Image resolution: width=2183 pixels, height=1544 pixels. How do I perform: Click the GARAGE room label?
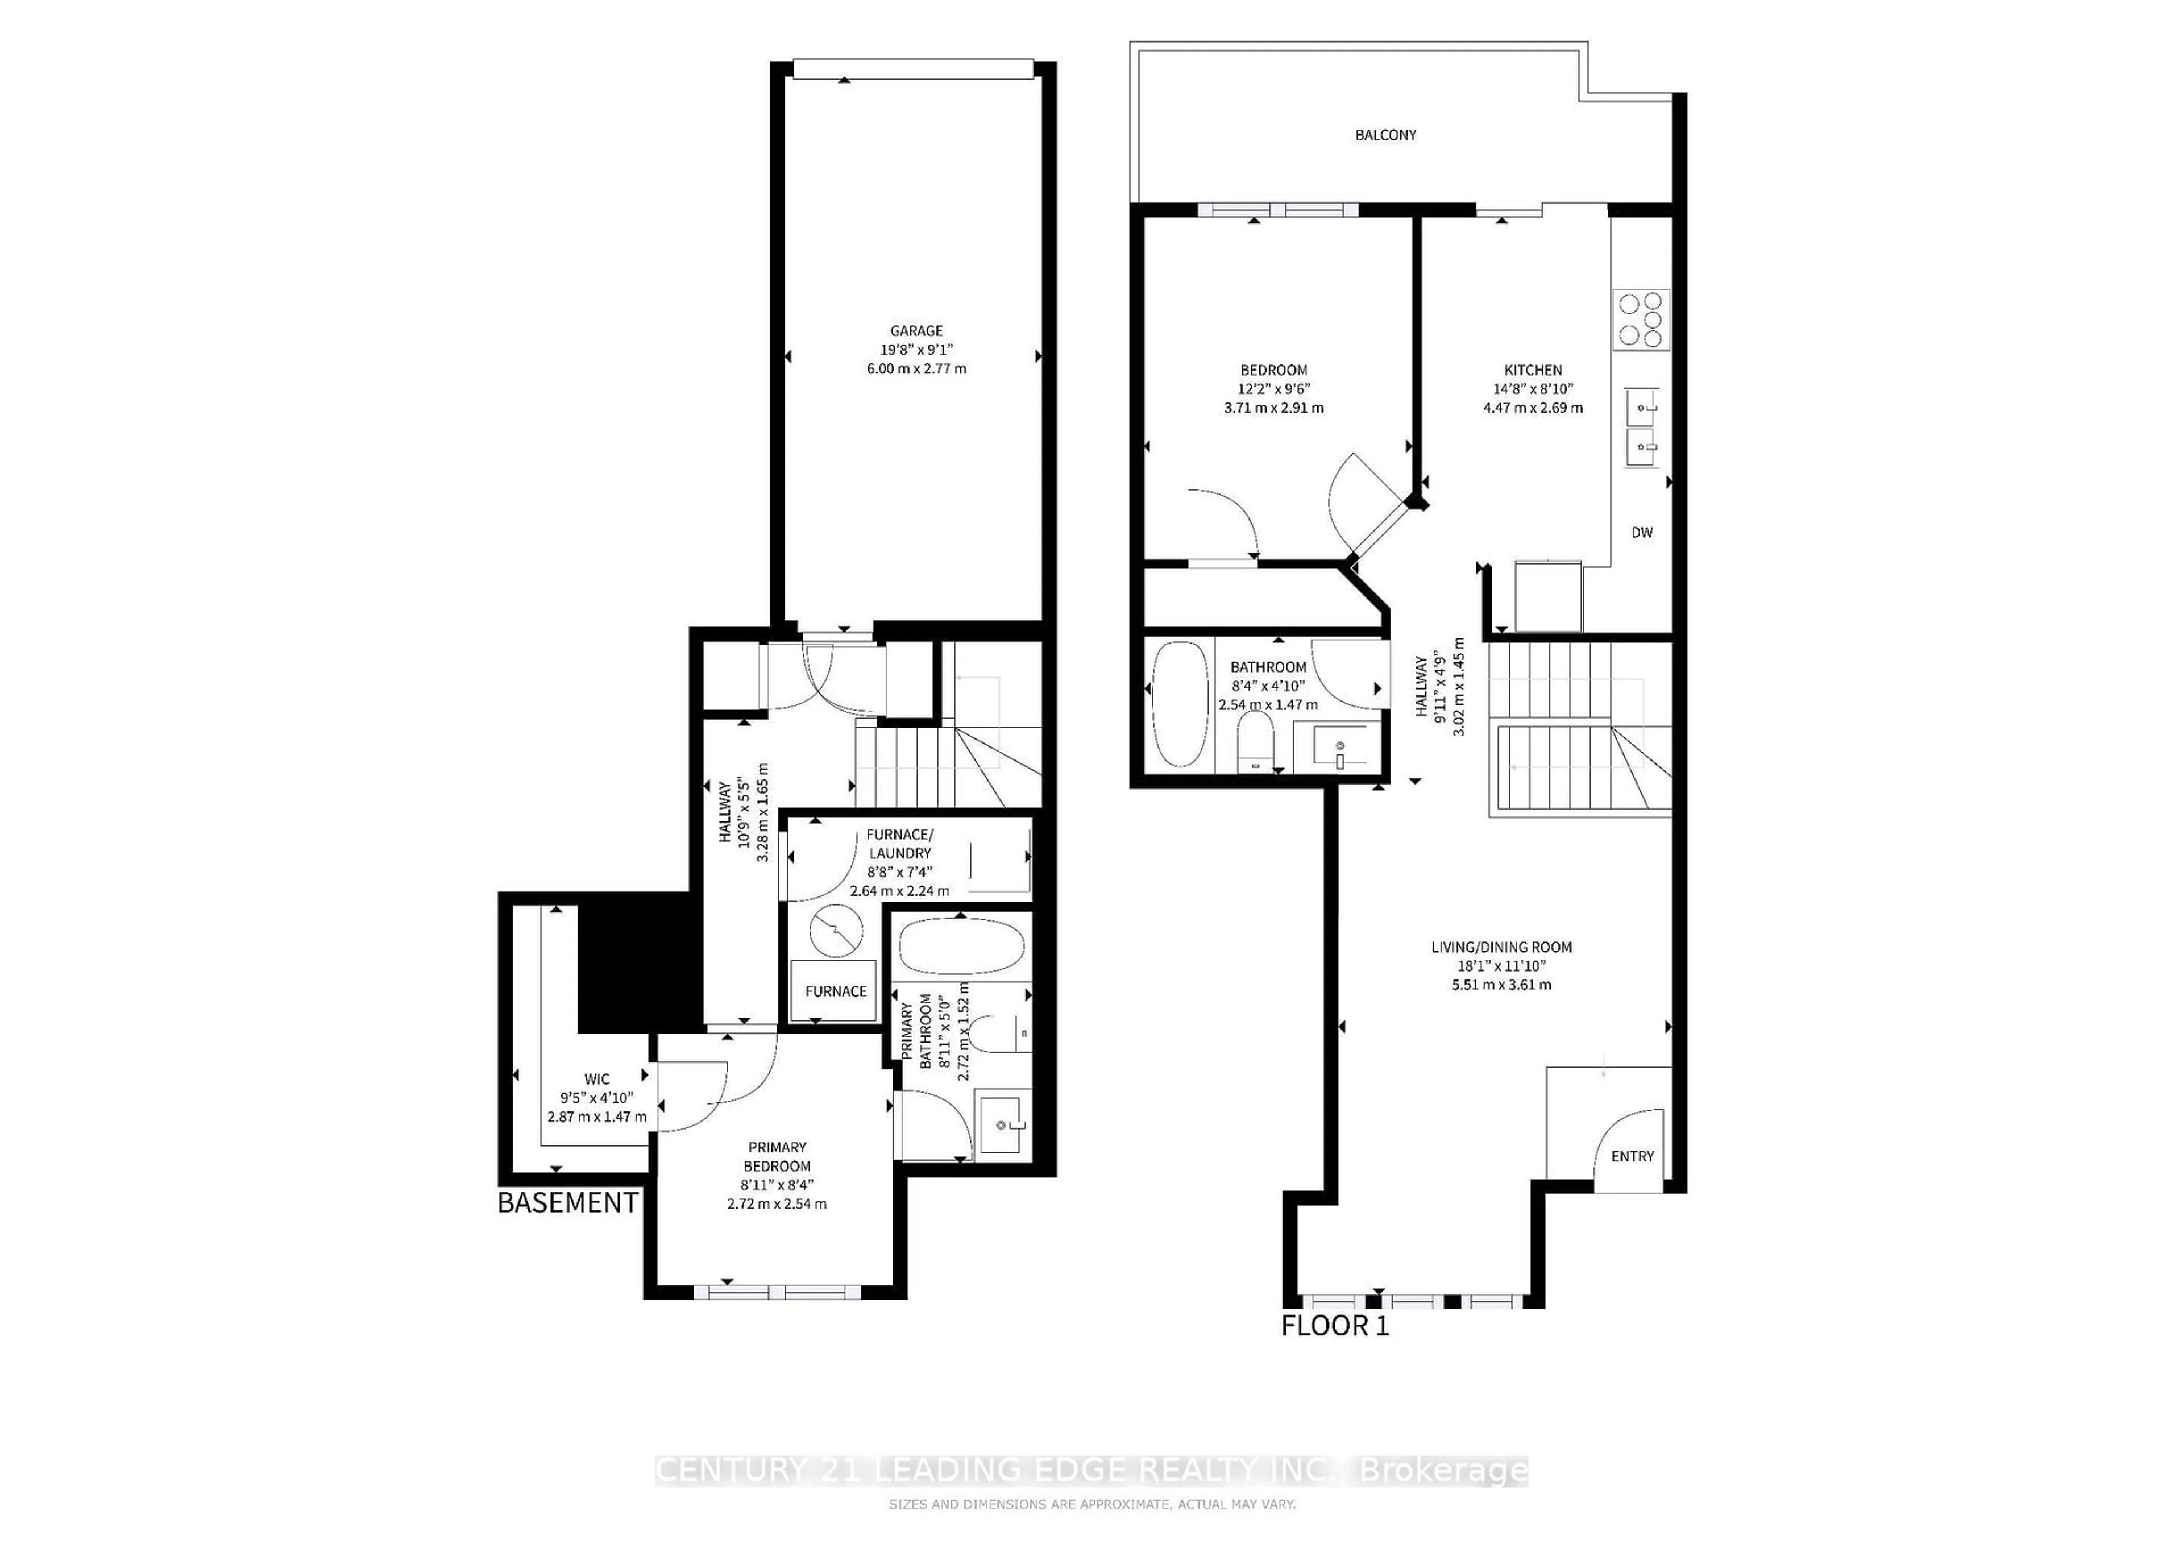click(x=916, y=331)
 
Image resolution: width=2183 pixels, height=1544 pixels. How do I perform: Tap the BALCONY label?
click(x=1385, y=135)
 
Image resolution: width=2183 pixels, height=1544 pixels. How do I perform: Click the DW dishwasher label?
click(x=1642, y=533)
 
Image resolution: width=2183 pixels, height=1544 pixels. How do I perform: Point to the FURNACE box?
click(x=835, y=991)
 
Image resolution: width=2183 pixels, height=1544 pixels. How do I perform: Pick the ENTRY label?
click(x=1633, y=1156)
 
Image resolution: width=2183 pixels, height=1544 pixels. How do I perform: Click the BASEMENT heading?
click(x=567, y=1203)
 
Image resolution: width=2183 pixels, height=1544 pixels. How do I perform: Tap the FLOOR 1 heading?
click(x=1335, y=1325)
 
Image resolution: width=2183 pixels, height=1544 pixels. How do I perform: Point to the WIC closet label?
click(x=597, y=1079)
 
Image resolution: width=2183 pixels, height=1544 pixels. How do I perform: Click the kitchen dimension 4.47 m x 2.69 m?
click(x=1533, y=408)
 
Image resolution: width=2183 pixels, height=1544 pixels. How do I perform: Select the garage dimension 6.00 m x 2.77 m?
click(x=916, y=369)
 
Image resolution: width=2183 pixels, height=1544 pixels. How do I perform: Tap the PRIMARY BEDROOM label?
click(x=777, y=1156)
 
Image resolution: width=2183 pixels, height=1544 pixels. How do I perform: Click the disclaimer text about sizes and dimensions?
click(x=1091, y=1504)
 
